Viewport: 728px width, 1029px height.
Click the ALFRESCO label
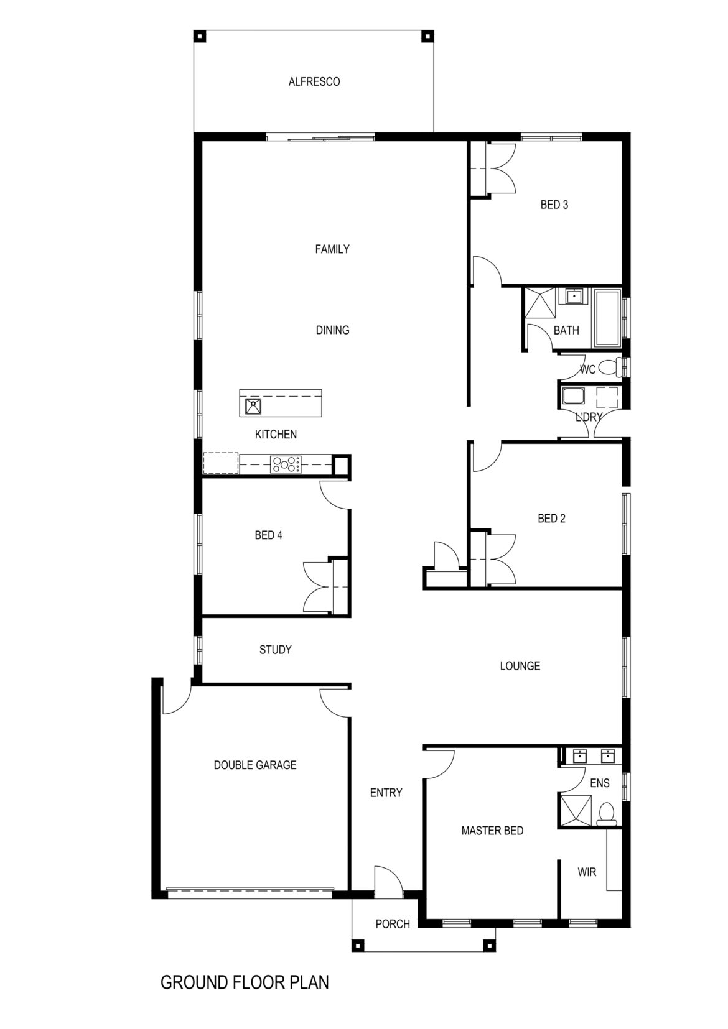click(314, 81)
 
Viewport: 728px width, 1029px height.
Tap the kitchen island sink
click(253, 406)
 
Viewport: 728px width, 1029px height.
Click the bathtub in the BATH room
click(607, 317)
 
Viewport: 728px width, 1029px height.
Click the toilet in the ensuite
click(606, 813)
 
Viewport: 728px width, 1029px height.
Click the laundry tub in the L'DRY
click(572, 396)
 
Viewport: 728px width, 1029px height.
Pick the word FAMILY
click(332, 249)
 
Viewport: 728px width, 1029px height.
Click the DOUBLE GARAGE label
click(255, 765)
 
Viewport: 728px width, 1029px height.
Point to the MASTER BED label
click(492, 831)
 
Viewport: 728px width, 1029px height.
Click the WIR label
click(587, 872)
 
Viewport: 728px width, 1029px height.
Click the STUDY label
click(276, 650)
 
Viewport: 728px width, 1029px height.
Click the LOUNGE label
click(520, 666)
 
